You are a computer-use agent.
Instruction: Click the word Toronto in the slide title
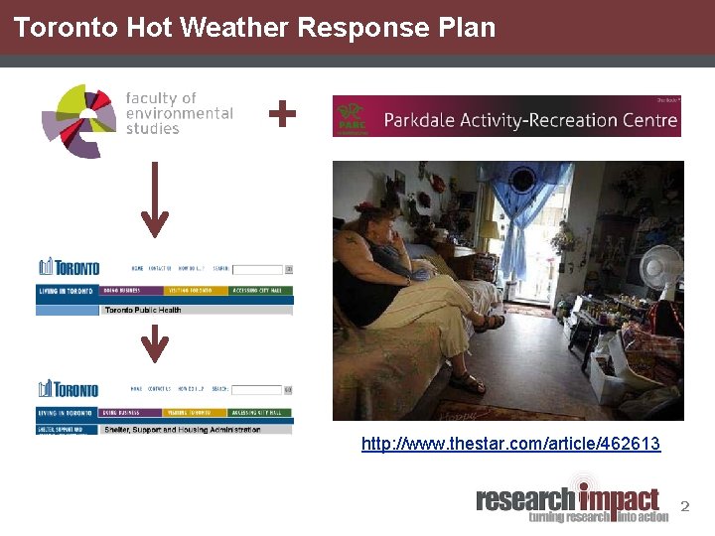click(67, 28)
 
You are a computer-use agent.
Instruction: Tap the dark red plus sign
click(282, 115)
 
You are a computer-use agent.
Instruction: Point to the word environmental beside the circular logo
click(179, 113)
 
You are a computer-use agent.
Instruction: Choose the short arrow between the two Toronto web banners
click(154, 344)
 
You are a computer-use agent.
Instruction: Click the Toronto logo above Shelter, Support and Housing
click(69, 389)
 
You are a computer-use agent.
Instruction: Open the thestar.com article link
click(510, 444)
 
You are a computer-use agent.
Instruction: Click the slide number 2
click(683, 507)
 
